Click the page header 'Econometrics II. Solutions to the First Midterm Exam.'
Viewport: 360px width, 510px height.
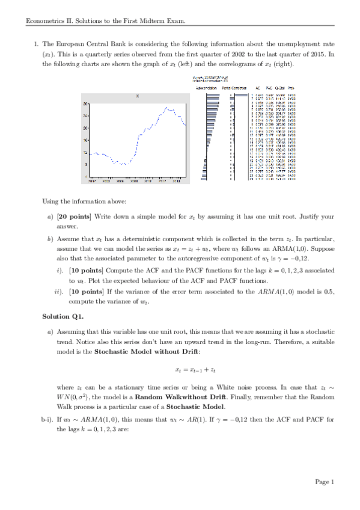(105, 22)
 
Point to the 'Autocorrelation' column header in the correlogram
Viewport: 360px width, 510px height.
(206, 88)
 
